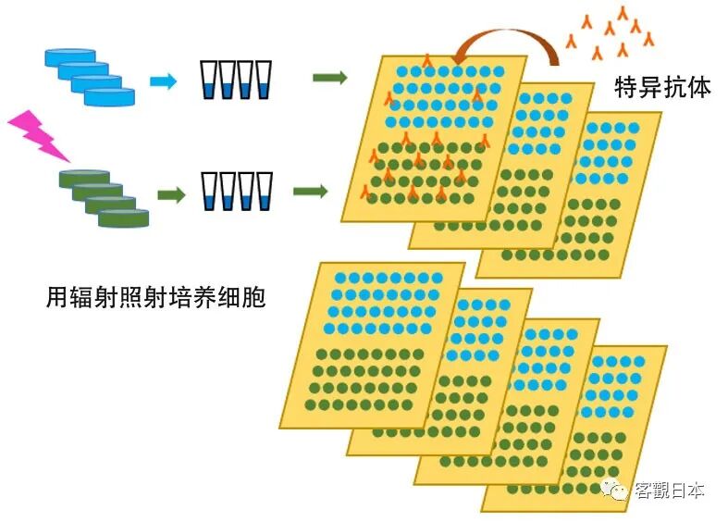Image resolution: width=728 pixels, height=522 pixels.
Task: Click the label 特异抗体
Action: [662, 88]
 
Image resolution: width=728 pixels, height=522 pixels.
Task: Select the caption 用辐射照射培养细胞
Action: [155, 298]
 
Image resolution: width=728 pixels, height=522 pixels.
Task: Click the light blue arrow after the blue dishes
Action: [163, 81]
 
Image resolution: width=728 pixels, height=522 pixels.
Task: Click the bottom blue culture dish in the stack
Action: [109, 95]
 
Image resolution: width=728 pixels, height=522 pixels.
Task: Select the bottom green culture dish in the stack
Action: [123, 217]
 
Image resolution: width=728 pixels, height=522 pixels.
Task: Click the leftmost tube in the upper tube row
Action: [209, 80]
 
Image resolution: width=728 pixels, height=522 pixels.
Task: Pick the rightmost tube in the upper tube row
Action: [264, 80]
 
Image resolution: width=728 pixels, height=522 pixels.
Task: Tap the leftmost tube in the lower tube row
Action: [209, 191]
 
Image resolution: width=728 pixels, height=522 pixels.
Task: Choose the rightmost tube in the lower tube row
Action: [264, 191]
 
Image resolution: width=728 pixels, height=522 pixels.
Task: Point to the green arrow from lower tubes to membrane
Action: [311, 191]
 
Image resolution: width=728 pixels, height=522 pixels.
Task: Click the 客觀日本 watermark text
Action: [669, 491]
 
